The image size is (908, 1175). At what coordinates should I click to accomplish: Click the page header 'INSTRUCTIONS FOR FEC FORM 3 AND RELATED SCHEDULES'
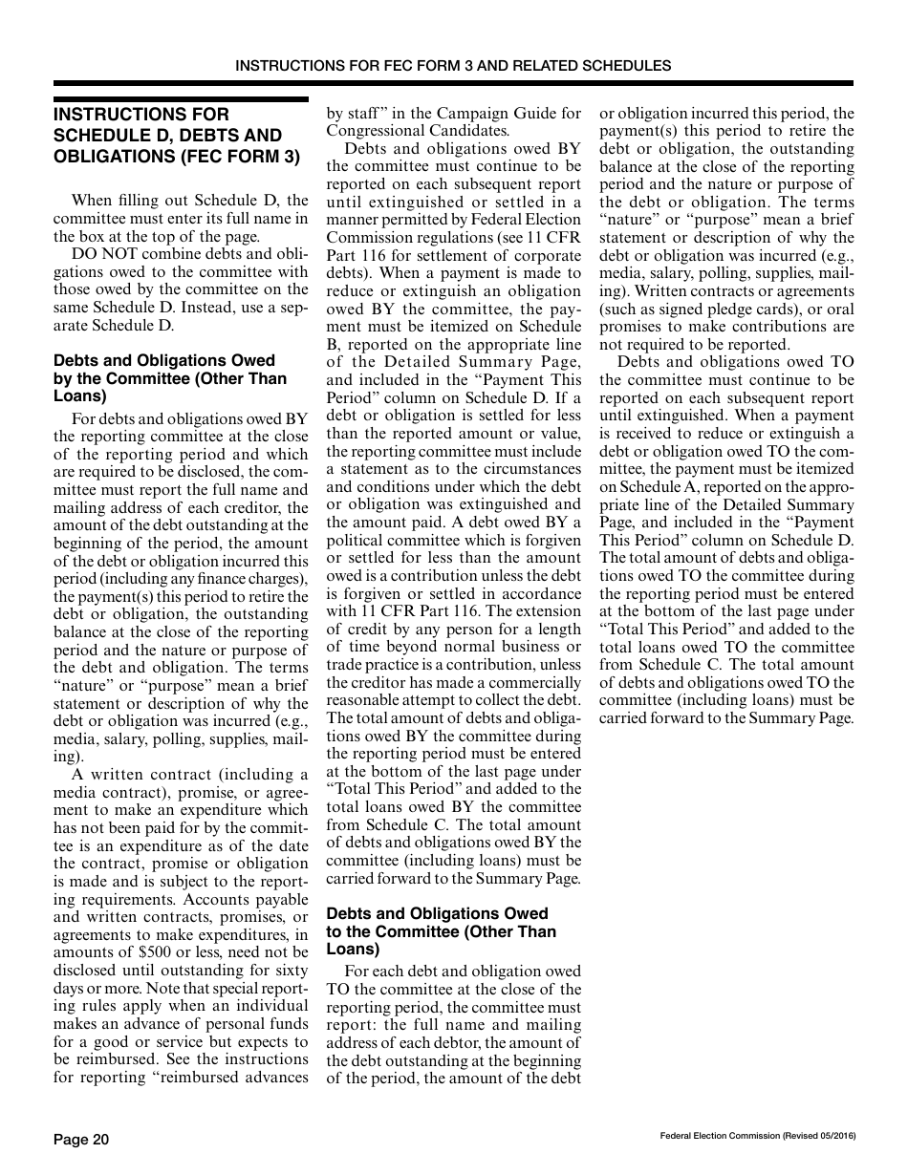coord(453,66)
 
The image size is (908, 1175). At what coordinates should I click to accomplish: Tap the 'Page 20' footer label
coord(81,1139)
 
